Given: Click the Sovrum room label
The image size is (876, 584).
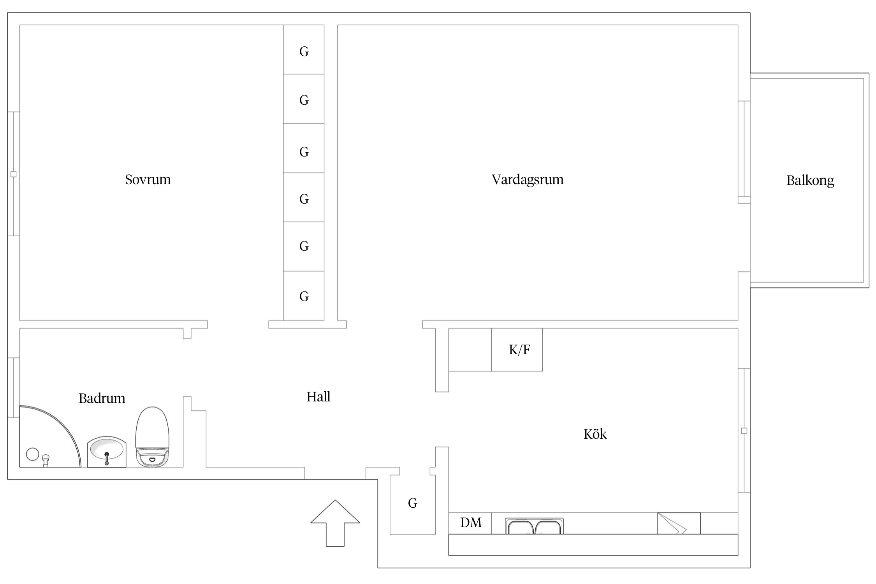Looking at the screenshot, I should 148,179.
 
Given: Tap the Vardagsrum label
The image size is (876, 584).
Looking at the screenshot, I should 527,179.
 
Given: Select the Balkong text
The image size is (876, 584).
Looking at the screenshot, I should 810,181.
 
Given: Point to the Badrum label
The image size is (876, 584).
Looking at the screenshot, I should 102,398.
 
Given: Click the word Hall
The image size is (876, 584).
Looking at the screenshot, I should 318,397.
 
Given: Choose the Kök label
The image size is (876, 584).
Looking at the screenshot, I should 595,434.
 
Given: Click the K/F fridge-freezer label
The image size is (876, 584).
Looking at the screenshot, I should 519,350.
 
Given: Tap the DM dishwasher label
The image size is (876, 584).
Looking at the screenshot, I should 471,522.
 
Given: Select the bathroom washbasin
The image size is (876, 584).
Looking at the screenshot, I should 106,452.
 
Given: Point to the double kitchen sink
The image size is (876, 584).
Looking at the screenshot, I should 534,526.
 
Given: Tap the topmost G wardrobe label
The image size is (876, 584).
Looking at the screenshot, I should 304,51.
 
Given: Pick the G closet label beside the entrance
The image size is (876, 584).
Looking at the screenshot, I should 412,503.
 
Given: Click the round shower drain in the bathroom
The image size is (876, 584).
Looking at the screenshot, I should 32,454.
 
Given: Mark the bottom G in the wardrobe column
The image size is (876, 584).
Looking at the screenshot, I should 304,297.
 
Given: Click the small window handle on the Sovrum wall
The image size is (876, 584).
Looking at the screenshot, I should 13,174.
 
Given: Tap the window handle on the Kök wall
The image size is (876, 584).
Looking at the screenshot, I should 744,431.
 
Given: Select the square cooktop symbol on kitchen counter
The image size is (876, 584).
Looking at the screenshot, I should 679,523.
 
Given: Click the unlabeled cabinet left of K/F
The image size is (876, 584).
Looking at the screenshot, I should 470,350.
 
